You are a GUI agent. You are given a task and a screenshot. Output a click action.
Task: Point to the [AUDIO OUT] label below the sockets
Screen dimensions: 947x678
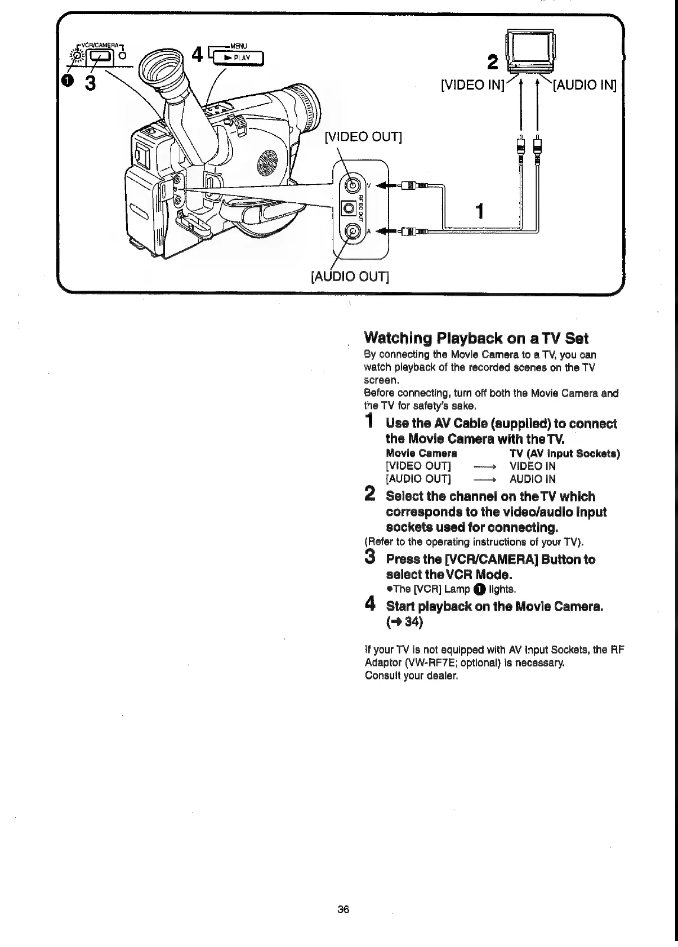point(350,277)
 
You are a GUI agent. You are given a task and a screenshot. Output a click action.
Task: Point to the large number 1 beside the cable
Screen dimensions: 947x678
point(479,212)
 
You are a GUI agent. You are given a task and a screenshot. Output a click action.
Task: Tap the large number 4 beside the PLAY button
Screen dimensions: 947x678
point(197,55)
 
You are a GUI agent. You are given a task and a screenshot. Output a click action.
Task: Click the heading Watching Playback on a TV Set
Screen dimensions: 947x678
point(476,338)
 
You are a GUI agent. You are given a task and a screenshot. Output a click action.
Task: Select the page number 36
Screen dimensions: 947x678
point(344,909)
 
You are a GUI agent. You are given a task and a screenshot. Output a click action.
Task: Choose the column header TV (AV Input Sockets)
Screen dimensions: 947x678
point(564,454)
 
